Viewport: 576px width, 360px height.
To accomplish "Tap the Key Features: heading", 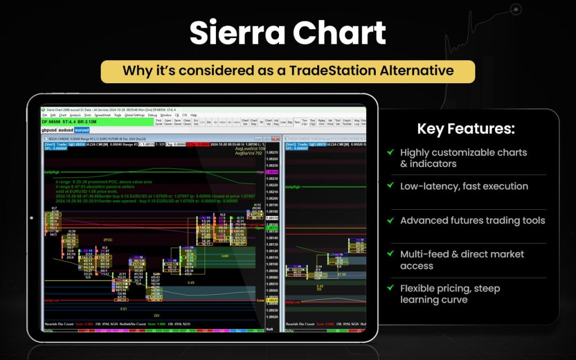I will (466, 129).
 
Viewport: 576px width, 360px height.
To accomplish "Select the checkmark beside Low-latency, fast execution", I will (390, 186).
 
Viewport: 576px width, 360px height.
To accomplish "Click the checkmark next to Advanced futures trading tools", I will (390, 220).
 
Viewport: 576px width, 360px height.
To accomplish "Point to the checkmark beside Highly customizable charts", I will (390, 152).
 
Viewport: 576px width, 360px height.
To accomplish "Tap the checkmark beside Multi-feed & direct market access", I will (390, 254).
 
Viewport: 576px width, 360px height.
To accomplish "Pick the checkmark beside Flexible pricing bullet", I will (390, 289).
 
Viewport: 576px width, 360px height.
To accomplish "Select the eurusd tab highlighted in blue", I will (82, 130).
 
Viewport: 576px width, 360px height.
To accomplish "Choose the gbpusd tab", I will (49, 130).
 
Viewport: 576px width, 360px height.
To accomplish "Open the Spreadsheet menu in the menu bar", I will (102, 115).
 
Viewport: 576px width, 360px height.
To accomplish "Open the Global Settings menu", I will (134, 115).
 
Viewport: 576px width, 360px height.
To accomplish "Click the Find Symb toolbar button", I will (159, 121).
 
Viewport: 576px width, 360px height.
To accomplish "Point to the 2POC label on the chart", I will (107, 240).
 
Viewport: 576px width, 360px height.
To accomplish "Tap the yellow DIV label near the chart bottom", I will (157, 316).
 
